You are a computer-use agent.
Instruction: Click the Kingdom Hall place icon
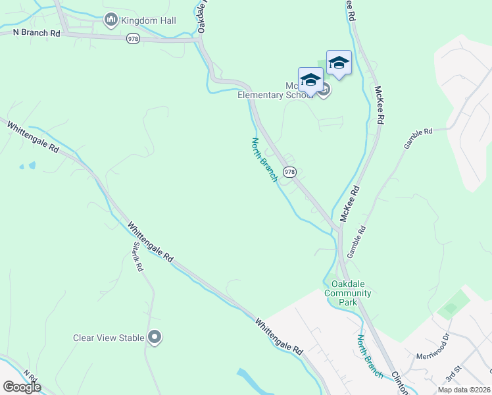tap(111, 20)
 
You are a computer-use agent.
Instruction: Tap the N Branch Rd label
tap(37, 32)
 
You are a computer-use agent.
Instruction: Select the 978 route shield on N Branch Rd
tap(134, 39)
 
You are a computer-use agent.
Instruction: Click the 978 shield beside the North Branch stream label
tap(290, 172)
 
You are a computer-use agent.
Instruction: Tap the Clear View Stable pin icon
tap(155, 338)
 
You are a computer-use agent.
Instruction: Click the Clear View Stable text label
tap(109, 338)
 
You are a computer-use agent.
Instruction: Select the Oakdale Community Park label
tap(348, 293)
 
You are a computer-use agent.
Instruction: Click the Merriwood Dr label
tap(432, 349)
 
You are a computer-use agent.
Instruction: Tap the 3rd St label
tap(453, 375)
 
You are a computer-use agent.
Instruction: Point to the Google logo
tap(22, 386)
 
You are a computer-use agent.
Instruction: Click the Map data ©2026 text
tap(464, 390)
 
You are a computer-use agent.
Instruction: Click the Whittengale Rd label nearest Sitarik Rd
tap(151, 242)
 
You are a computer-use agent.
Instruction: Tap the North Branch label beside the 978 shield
tap(265, 159)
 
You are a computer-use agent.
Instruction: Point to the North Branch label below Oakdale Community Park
tap(370, 356)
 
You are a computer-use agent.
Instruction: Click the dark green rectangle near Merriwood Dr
tap(450, 308)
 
